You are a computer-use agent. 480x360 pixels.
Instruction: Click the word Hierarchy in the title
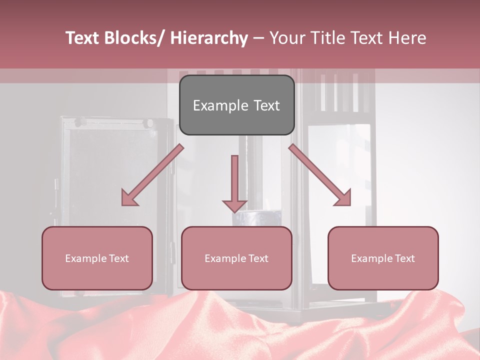tap(209, 38)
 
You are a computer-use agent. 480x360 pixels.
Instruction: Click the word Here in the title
tap(407, 38)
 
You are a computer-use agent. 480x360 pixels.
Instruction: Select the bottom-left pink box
tap(97, 275)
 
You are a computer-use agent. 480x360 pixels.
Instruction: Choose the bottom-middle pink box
tap(236, 275)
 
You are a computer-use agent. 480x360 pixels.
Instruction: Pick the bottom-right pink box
tap(383, 275)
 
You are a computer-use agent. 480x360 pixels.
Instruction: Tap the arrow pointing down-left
tap(152, 175)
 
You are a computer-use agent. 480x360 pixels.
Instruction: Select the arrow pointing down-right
tap(320, 175)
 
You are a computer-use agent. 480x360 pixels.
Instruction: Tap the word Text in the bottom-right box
tap(404, 258)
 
